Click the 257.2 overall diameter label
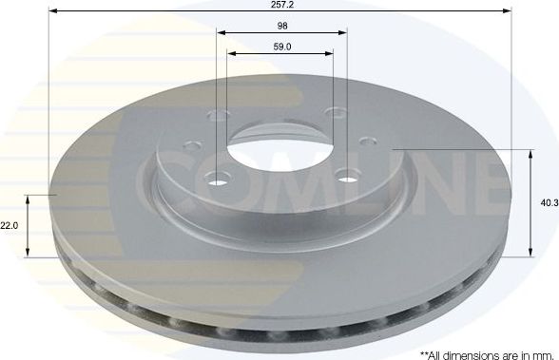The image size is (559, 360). pos(280,6)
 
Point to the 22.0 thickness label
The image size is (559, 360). pos(10,225)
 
